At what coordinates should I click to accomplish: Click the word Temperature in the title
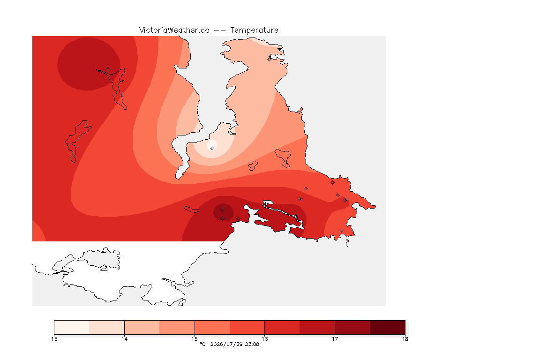click(x=254, y=30)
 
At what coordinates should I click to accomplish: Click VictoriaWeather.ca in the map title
click(x=174, y=30)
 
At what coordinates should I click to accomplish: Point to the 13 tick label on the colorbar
click(x=54, y=339)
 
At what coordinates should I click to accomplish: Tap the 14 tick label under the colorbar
click(x=124, y=339)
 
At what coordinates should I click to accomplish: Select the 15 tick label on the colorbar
click(x=195, y=339)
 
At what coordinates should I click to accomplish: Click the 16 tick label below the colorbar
click(x=264, y=339)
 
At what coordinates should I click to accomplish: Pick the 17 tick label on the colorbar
click(x=335, y=339)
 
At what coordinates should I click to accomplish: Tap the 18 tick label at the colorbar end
click(x=405, y=339)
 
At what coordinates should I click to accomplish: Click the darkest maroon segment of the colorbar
click(x=388, y=327)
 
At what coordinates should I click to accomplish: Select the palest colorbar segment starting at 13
click(x=72, y=327)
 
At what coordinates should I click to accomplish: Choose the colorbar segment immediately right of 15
click(x=212, y=327)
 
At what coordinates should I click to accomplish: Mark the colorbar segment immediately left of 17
click(x=317, y=327)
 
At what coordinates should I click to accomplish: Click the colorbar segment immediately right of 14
click(x=142, y=327)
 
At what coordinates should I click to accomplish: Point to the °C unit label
click(x=202, y=344)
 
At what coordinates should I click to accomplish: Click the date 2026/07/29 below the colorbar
click(x=226, y=344)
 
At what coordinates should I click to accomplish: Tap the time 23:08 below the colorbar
click(x=252, y=344)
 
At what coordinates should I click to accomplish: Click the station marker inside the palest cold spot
click(x=212, y=148)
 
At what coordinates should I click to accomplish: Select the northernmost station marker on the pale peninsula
click(x=270, y=59)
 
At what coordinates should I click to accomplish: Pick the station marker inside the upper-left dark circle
click(x=108, y=69)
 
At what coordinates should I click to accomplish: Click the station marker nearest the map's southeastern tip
click(x=341, y=231)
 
